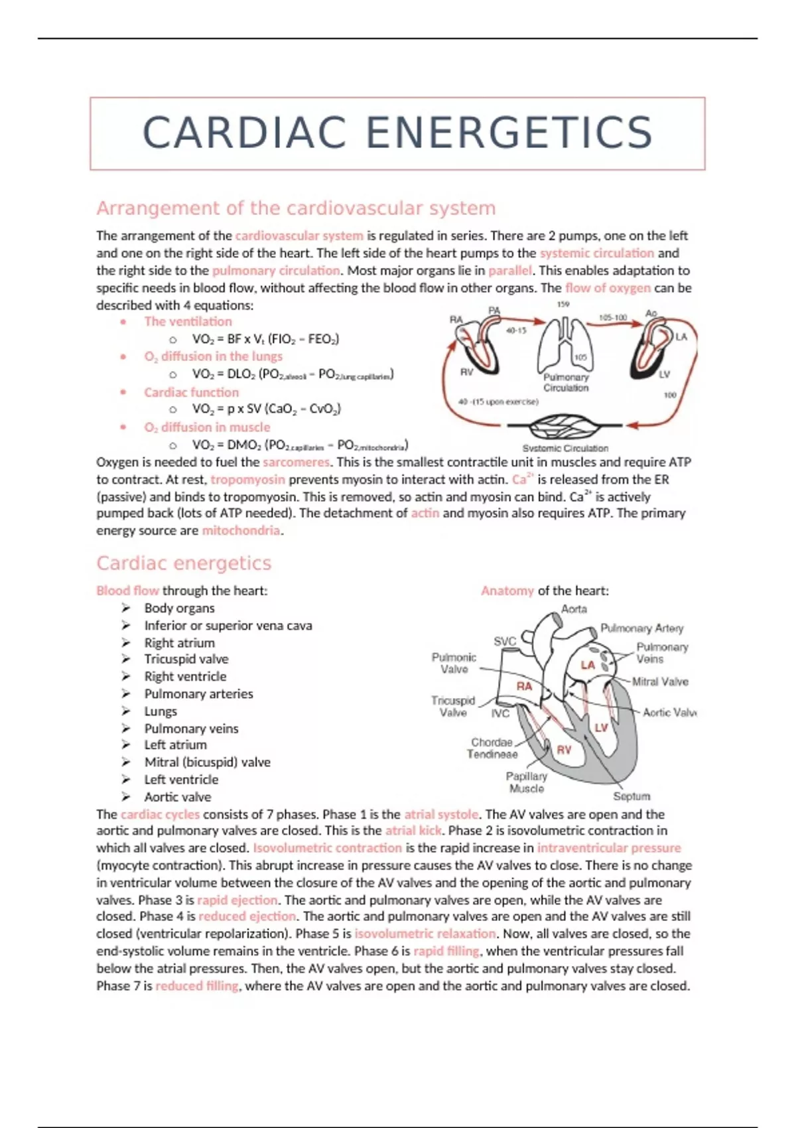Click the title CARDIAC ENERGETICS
pyautogui.click(x=398, y=133)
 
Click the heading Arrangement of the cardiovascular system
pyautogui.click(x=296, y=208)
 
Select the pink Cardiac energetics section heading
pyautogui.click(x=184, y=563)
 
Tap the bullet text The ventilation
pyautogui.click(x=188, y=321)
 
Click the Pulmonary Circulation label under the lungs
pyautogui.click(x=566, y=383)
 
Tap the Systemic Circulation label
pyautogui.click(x=565, y=448)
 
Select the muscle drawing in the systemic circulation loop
pyautogui.click(x=566, y=426)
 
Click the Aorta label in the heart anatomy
pyautogui.click(x=574, y=609)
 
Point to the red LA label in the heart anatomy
pyautogui.click(x=588, y=666)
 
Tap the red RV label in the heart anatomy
pyautogui.click(x=564, y=750)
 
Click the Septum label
pyautogui.click(x=631, y=796)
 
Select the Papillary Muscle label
pyautogui.click(x=526, y=782)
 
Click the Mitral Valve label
pyautogui.click(x=660, y=682)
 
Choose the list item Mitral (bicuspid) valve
pyautogui.click(x=208, y=762)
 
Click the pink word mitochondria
pyautogui.click(x=241, y=530)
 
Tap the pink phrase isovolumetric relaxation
pyautogui.click(x=425, y=934)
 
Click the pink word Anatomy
pyautogui.click(x=507, y=591)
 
